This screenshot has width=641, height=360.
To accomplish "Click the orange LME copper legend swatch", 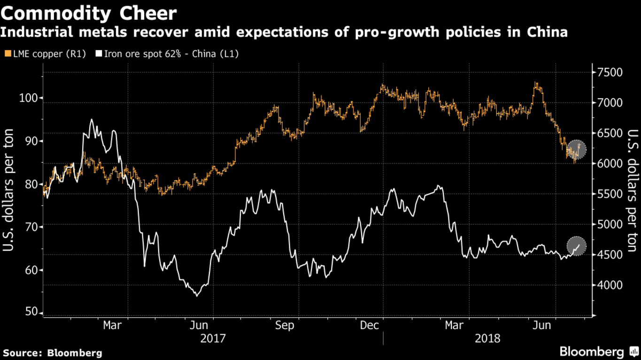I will point(8,54).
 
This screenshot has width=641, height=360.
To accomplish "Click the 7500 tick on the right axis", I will point(609,72).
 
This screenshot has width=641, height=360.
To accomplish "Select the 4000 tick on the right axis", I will point(609,285).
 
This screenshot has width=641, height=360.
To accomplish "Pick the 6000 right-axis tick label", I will point(609,163).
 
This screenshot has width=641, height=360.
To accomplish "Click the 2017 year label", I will point(213,338).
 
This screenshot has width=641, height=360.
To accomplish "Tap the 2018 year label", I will point(487,338).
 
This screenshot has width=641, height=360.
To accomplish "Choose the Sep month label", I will point(285,325).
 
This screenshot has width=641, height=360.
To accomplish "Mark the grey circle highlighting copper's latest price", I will point(576,149).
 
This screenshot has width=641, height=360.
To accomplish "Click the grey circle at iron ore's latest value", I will point(577,245).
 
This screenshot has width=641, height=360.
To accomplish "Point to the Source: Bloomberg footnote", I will point(53,352).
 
